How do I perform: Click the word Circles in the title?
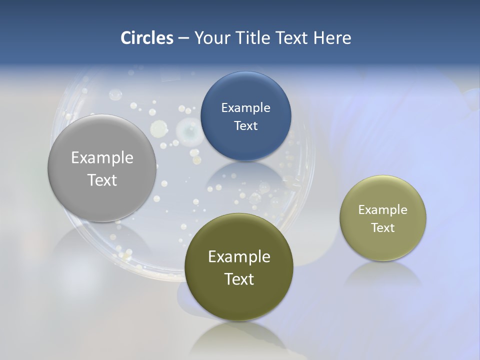coord(146,38)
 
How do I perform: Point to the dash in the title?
coord(183,38)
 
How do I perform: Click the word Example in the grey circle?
coord(102,158)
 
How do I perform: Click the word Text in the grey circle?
coord(102,180)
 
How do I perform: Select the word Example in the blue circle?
coord(245,108)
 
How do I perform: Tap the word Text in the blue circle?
coord(245,125)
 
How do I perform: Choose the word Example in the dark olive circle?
coord(239,256)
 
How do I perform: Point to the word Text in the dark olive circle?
coord(239,279)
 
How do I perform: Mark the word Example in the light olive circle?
coord(383,210)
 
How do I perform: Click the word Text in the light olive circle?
coord(383,228)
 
